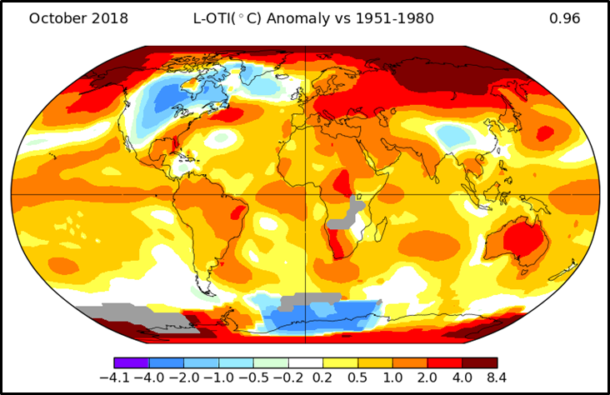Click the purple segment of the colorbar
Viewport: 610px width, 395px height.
tap(131, 363)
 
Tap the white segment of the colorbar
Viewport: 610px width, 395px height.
tap(306, 363)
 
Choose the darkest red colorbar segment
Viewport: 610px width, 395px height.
tap(480, 363)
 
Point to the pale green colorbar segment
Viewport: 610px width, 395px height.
tap(271, 363)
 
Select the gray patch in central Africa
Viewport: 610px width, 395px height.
tap(356, 204)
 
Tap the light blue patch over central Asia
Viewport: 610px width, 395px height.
tap(451, 133)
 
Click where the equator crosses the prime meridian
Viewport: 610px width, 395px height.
tap(306, 194)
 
